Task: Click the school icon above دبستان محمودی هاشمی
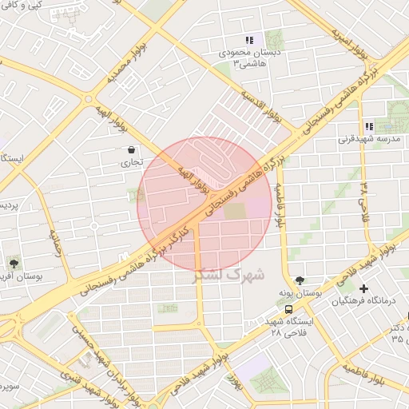(249, 40)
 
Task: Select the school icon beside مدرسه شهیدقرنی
(368, 126)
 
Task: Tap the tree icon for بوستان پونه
(299, 280)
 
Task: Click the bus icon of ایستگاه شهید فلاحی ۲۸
(288, 309)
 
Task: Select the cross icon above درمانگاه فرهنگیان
(364, 288)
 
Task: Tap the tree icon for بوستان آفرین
(14, 262)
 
